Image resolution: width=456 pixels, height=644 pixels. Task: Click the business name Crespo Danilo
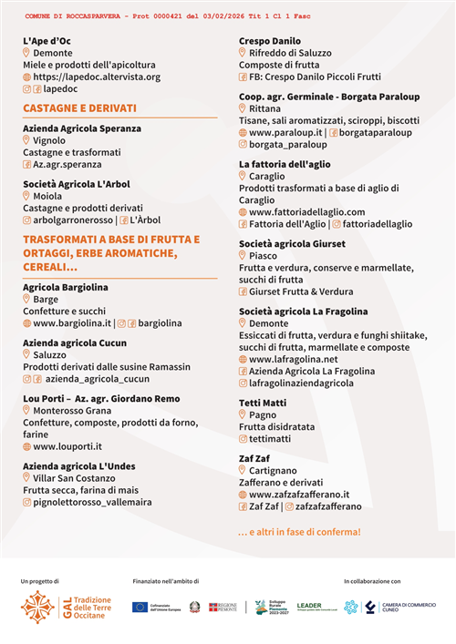270,41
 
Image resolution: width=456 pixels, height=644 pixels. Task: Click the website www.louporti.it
67,446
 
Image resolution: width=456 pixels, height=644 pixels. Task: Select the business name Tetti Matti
263,402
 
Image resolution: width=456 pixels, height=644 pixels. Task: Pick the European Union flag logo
140,607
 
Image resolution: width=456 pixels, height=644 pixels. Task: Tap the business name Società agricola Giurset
292,244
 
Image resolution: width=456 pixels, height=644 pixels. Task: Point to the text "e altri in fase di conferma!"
299,531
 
